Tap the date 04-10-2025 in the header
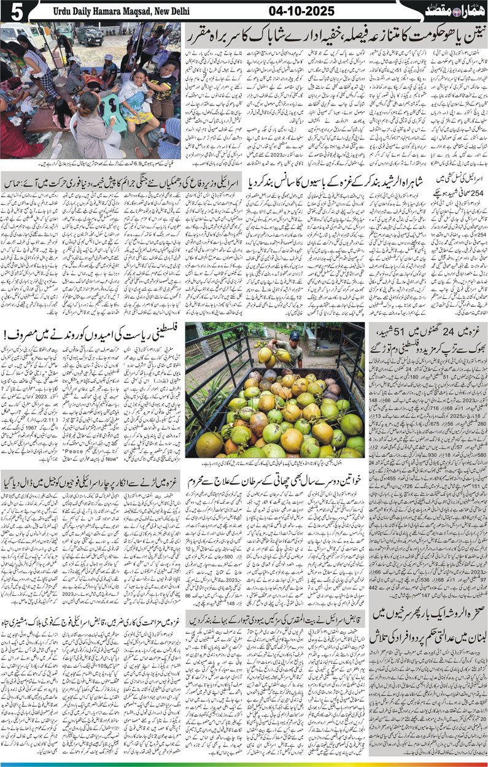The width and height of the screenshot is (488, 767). click(x=300, y=10)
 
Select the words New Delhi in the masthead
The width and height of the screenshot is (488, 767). click(x=171, y=11)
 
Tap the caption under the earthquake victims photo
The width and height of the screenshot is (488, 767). click(x=92, y=164)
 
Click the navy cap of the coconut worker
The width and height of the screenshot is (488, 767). click(x=295, y=335)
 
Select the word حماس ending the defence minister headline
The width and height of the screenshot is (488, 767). click(x=14, y=183)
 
